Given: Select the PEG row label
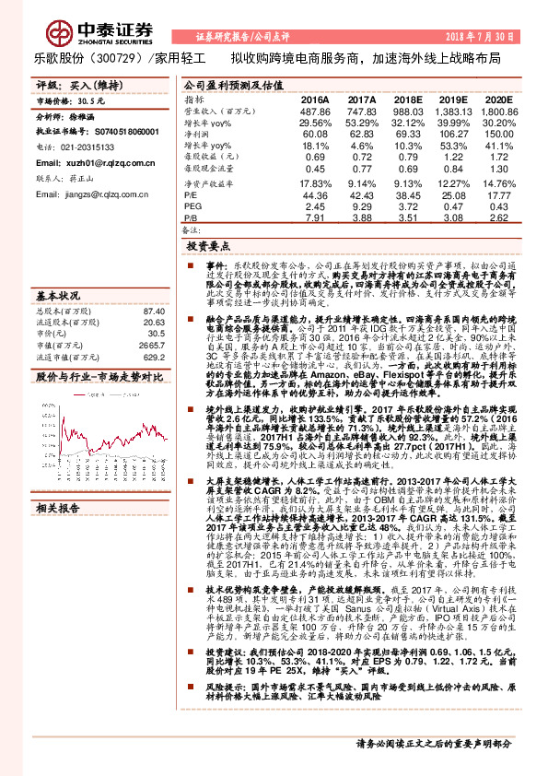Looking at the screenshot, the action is pos(192,207).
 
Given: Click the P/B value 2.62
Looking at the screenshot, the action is pos(497,218).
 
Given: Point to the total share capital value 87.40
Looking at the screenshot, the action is pos(152,312).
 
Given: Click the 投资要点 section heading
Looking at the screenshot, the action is pos(207,247).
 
